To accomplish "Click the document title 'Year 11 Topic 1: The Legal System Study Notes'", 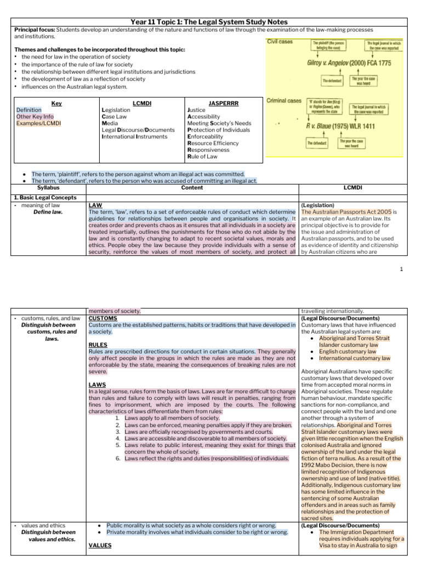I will pyautogui.click(x=210, y=22).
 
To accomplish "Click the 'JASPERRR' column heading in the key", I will pyautogui.click(x=208, y=103).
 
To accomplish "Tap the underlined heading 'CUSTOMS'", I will pyautogui.click(x=103, y=318).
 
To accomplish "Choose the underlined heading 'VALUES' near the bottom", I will pyautogui.click(x=100, y=545).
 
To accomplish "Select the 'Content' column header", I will pyautogui.click(x=191, y=187).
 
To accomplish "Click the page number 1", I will pyautogui.click(x=401, y=269).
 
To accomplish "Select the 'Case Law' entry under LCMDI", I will pyautogui.click(x=117, y=117).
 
